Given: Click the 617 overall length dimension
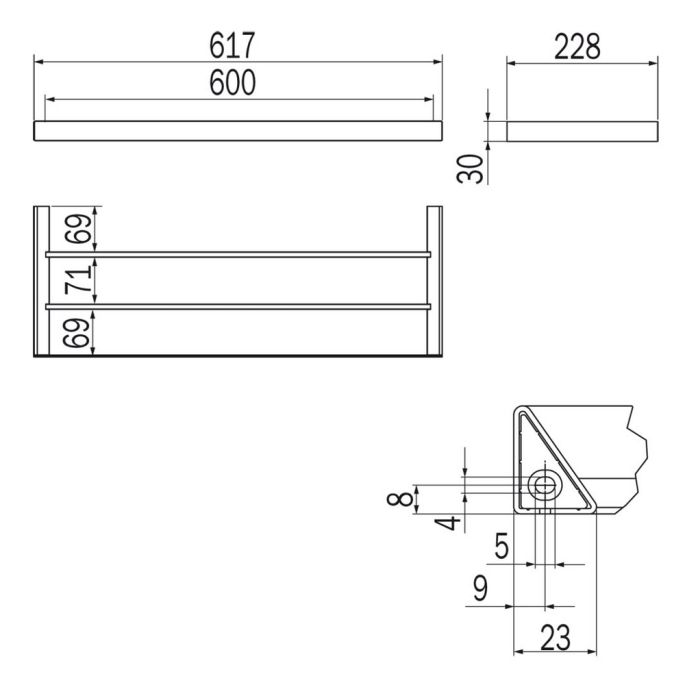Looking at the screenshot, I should pyautogui.click(x=238, y=45).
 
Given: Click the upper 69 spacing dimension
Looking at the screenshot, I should pyautogui.click(x=75, y=229).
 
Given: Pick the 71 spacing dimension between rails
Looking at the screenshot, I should pyautogui.click(x=75, y=280).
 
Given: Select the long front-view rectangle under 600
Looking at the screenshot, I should pyautogui.click(x=238, y=132).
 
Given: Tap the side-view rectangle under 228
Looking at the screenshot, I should pyautogui.click(x=581, y=132).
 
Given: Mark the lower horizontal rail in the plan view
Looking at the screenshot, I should pyautogui.click(x=238, y=305).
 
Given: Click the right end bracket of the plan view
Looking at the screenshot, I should pyautogui.click(x=437, y=280).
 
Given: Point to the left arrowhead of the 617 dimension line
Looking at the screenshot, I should pyautogui.click(x=41, y=62).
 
